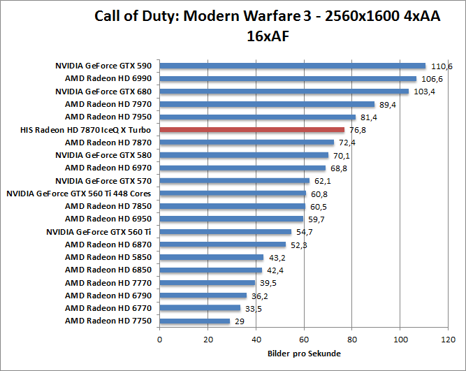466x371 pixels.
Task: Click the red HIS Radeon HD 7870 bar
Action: (x=252, y=129)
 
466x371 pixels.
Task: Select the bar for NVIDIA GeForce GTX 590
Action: (x=293, y=66)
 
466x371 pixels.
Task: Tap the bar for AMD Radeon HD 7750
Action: (x=195, y=321)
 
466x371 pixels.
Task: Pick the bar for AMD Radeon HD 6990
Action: (x=288, y=78)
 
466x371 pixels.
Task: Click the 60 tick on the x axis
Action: (x=305, y=340)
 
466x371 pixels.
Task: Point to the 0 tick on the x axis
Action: (x=160, y=340)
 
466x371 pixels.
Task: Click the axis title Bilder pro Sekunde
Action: (x=304, y=354)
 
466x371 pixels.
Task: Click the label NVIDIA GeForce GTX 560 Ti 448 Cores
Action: (x=78, y=194)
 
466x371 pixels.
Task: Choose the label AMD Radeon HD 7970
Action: (x=108, y=104)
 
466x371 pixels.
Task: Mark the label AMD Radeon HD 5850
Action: (x=108, y=257)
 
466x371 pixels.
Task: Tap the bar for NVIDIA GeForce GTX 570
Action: (x=235, y=180)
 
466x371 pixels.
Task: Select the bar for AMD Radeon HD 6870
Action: (x=223, y=245)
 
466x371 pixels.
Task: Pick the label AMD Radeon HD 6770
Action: (x=108, y=308)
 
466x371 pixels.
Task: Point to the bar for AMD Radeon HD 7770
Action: (x=207, y=282)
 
